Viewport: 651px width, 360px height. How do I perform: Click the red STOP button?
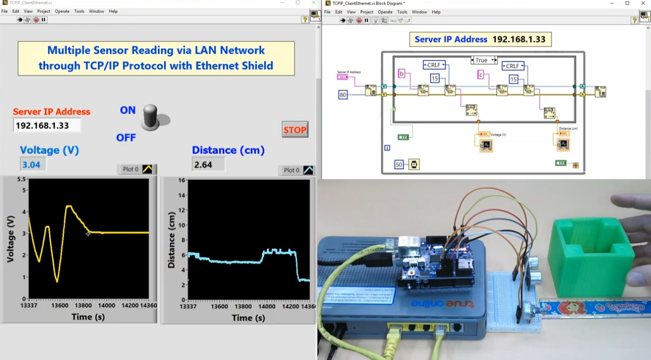click(x=295, y=130)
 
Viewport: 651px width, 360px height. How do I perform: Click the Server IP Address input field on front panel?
click(x=47, y=126)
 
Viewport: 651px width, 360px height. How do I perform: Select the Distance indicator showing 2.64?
click(x=208, y=165)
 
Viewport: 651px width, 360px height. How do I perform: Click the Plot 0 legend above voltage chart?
click(x=136, y=169)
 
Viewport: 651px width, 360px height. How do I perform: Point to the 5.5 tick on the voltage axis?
click(x=21, y=179)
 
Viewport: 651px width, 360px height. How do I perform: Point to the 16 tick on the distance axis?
click(x=182, y=180)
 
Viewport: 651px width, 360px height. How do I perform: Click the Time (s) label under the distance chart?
click(x=248, y=318)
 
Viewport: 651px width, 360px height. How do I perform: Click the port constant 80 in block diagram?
click(x=343, y=95)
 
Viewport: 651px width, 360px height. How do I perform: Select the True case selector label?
click(x=481, y=60)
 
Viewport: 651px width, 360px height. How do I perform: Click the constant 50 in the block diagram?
click(x=399, y=165)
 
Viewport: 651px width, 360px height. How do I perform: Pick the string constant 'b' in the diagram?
click(x=402, y=73)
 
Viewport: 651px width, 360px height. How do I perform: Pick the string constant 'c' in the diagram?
click(x=481, y=75)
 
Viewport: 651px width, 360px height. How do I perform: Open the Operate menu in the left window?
click(x=62, y=11)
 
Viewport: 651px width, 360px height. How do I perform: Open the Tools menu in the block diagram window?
click(x=402, y=12)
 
